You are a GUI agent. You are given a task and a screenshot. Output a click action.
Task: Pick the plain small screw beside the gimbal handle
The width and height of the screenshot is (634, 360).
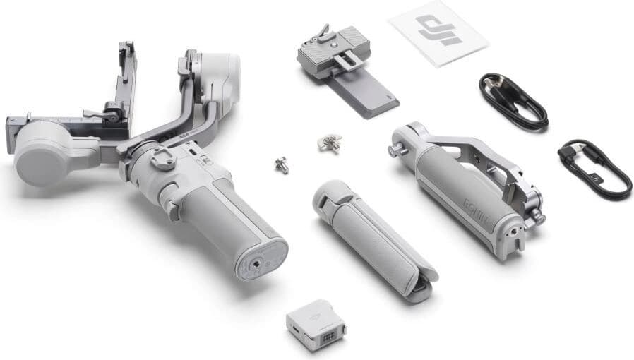(282, 164)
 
